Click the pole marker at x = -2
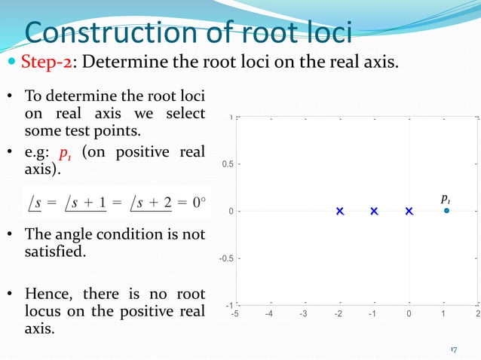pos(340,212)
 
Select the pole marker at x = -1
pos(375,212)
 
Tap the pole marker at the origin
pos(409,212)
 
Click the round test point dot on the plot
pos(446,211)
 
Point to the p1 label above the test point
pos(446,199)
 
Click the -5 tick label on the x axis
pos(235,315)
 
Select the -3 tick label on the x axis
pos(304,315)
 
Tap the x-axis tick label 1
pos(443,315)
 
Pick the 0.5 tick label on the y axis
pos(224,164)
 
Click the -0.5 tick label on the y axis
pos(222,258)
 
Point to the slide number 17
pos(454,349)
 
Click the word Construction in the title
pos(109,33)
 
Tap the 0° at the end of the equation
pos(198,202)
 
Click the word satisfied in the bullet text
pos(54,250)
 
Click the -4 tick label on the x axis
pos(269,315)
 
